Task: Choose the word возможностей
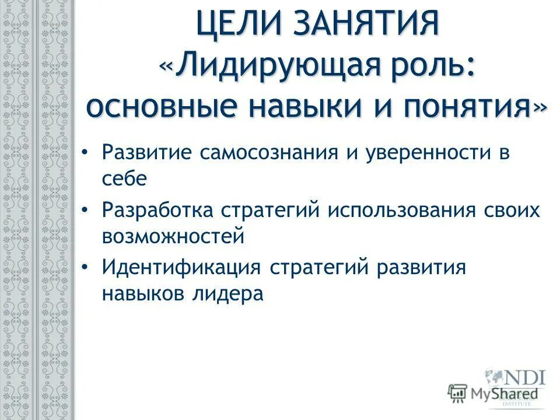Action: [172, 236]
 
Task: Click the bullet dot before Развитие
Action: [85, 153]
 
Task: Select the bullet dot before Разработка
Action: [85, 210]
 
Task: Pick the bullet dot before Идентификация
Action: [85, 268]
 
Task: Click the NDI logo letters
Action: [521, 376]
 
